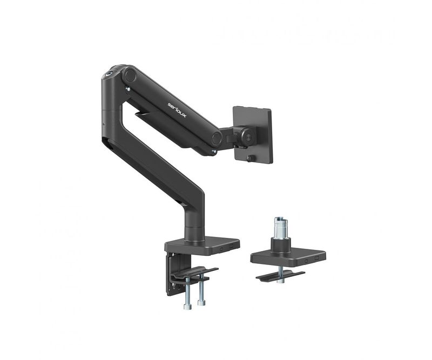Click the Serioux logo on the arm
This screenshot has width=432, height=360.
click(177, 110)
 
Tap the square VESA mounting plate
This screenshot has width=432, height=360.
click(252, 134)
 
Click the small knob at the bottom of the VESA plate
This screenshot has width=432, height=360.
click(251, 158)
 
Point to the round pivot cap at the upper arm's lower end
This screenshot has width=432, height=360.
click(217, 138)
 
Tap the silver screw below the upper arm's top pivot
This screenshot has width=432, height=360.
click(127, 89)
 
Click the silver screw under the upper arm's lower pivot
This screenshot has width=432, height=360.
click(214, 151)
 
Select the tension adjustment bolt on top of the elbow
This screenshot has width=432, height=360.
click(110, 74)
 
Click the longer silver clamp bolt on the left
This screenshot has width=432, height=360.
click(187, 294)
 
